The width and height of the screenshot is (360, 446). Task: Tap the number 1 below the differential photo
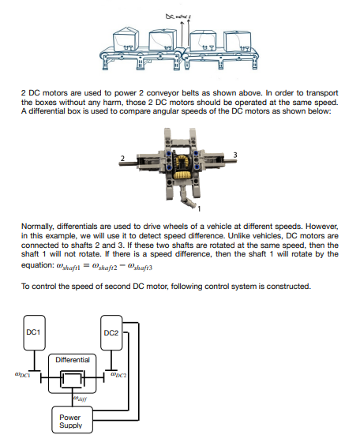point(199,208)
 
